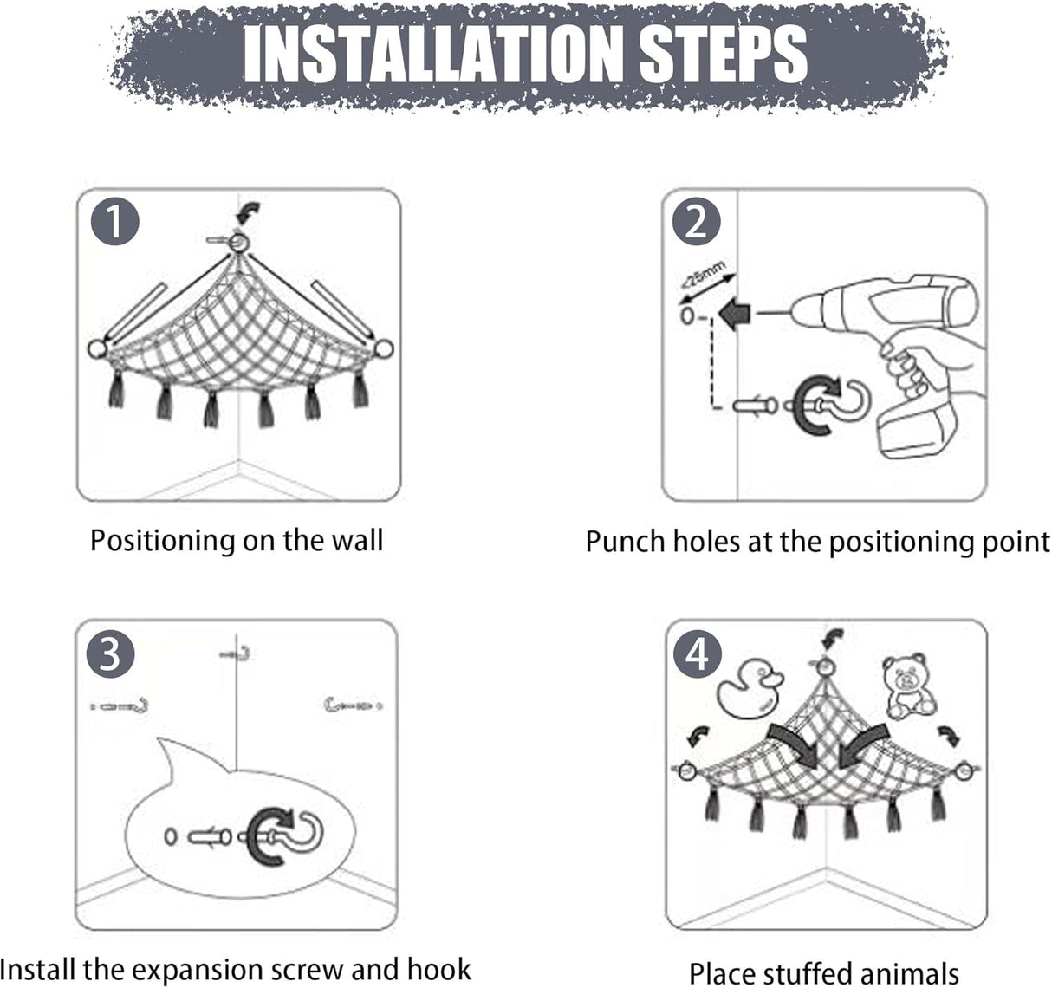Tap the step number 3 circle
110,653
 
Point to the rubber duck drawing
750,688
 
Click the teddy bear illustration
908,686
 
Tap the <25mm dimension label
703,275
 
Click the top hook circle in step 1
239,243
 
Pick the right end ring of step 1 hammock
384,348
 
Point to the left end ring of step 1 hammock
97,349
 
